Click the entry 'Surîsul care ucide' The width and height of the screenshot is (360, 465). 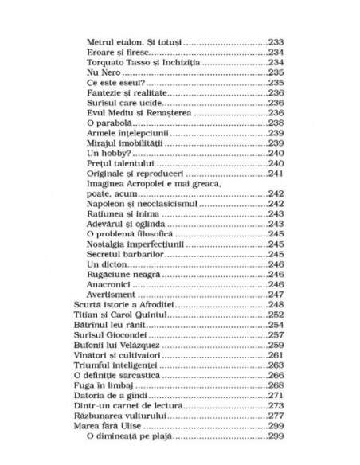point(123,102)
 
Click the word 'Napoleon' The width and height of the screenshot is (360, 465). point(105,205)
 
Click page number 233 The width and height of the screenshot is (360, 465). point(275,40)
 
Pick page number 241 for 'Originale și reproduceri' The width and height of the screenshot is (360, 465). point(275,174)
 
